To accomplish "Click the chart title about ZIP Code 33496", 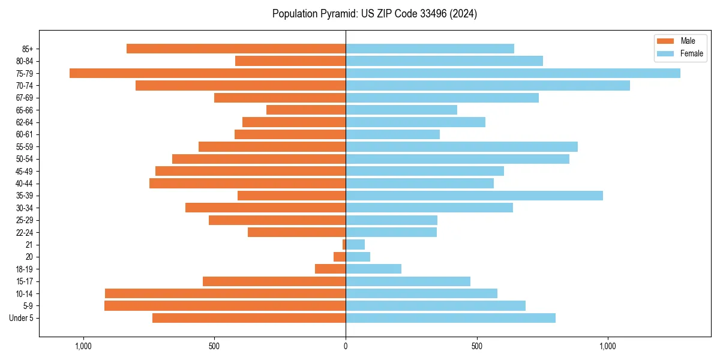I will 374,14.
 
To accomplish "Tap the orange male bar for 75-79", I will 208,73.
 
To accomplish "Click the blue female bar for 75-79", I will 513,73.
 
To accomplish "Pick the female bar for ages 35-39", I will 474,196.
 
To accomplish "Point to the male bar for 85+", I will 236,49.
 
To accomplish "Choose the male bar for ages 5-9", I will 225,305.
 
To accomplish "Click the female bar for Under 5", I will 451,318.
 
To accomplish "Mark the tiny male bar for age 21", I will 344,244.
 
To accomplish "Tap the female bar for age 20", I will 358,257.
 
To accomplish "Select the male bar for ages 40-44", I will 247,183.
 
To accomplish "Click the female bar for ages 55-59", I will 461,146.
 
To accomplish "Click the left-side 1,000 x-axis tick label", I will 83,346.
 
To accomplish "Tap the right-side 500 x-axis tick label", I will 476,346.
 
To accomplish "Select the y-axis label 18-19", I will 24,269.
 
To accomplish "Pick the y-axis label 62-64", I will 24,122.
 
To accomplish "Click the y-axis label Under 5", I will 22,318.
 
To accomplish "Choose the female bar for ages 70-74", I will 488,85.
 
